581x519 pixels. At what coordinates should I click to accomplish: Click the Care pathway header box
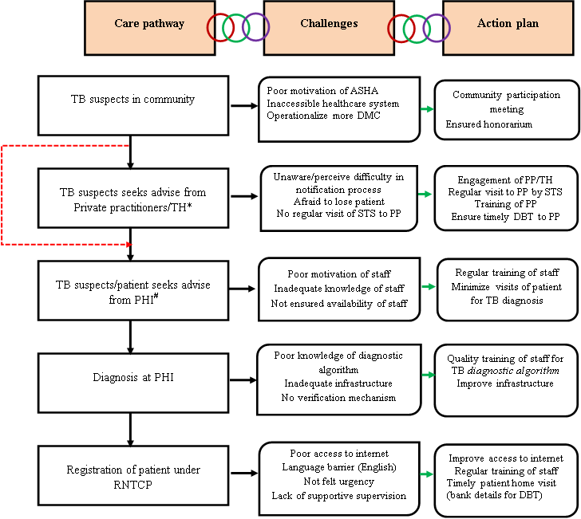(149, 24)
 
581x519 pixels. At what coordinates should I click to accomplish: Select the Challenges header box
(329, 24)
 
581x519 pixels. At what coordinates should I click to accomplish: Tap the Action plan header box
(508, 24)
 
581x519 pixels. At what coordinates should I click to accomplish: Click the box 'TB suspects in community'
(132, 100)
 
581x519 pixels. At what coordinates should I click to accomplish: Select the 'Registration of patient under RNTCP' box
(132, 476)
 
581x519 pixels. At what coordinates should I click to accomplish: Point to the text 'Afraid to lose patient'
(340, 202)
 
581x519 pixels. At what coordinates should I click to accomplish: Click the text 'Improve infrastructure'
(504, 384)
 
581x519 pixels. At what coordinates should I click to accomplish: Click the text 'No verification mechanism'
(339, 398)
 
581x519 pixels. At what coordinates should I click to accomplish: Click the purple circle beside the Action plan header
(436, 28)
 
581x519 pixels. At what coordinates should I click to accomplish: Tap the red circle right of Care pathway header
(220, 28)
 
